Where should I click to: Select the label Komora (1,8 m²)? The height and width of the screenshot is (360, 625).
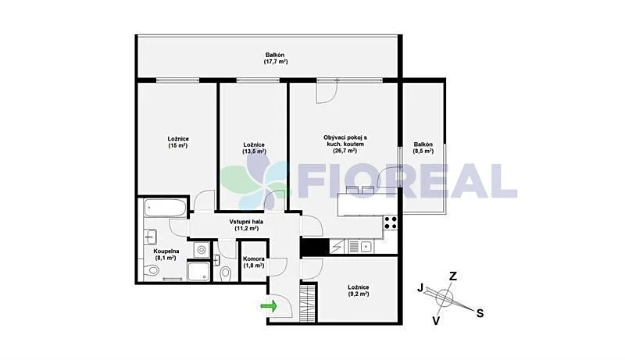point(254,262)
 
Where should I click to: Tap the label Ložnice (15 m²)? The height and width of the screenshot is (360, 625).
point(178,142)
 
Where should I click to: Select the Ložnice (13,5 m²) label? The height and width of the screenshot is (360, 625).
point(254,148)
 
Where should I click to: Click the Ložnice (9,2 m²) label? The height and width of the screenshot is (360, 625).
point(359,290)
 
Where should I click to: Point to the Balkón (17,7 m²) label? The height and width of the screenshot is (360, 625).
point(274,58)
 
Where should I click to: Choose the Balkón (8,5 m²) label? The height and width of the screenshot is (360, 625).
point(424,148)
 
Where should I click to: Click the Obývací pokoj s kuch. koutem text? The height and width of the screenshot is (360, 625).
point(345,144)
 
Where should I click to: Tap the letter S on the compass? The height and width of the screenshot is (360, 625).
point(480,313)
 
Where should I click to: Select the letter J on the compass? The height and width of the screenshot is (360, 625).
point(420,288)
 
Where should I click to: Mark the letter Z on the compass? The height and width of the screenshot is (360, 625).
point(452,276)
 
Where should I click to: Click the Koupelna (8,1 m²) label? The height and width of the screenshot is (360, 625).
point(167,254)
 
